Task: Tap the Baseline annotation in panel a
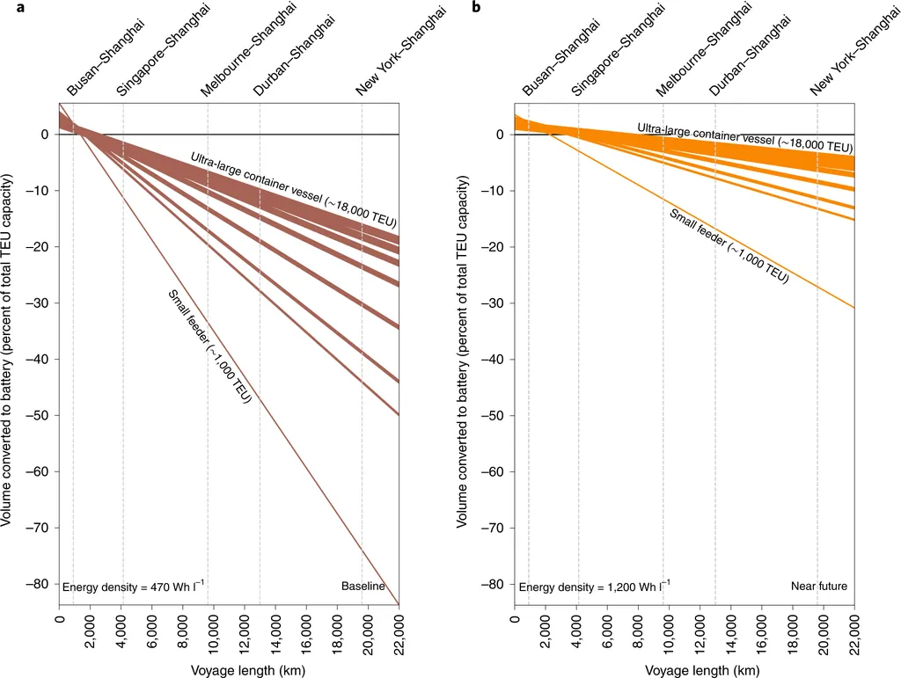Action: pyautogui.click(x=363, y=587)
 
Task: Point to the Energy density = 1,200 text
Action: pyautogui.click(x=594, y=587)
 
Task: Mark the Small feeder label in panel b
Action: pyautogui.click(x=729, y=246)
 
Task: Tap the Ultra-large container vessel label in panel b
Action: pyautogui.click(x=744, y=136)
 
